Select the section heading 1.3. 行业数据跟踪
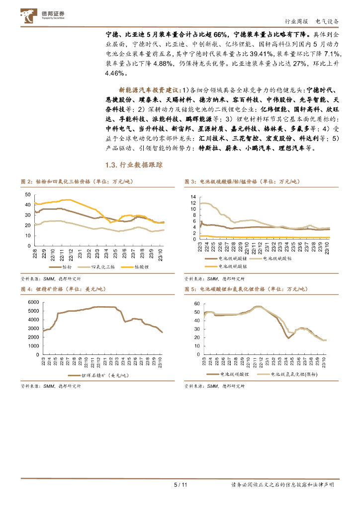click(134, 165)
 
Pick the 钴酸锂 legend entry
click(139, 267)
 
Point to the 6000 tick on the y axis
click(32, 302)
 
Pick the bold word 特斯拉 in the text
click(209, 148)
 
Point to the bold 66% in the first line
click(221, 34)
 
